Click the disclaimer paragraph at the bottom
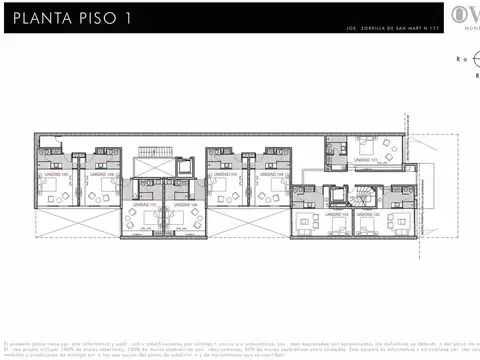[240, 348]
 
